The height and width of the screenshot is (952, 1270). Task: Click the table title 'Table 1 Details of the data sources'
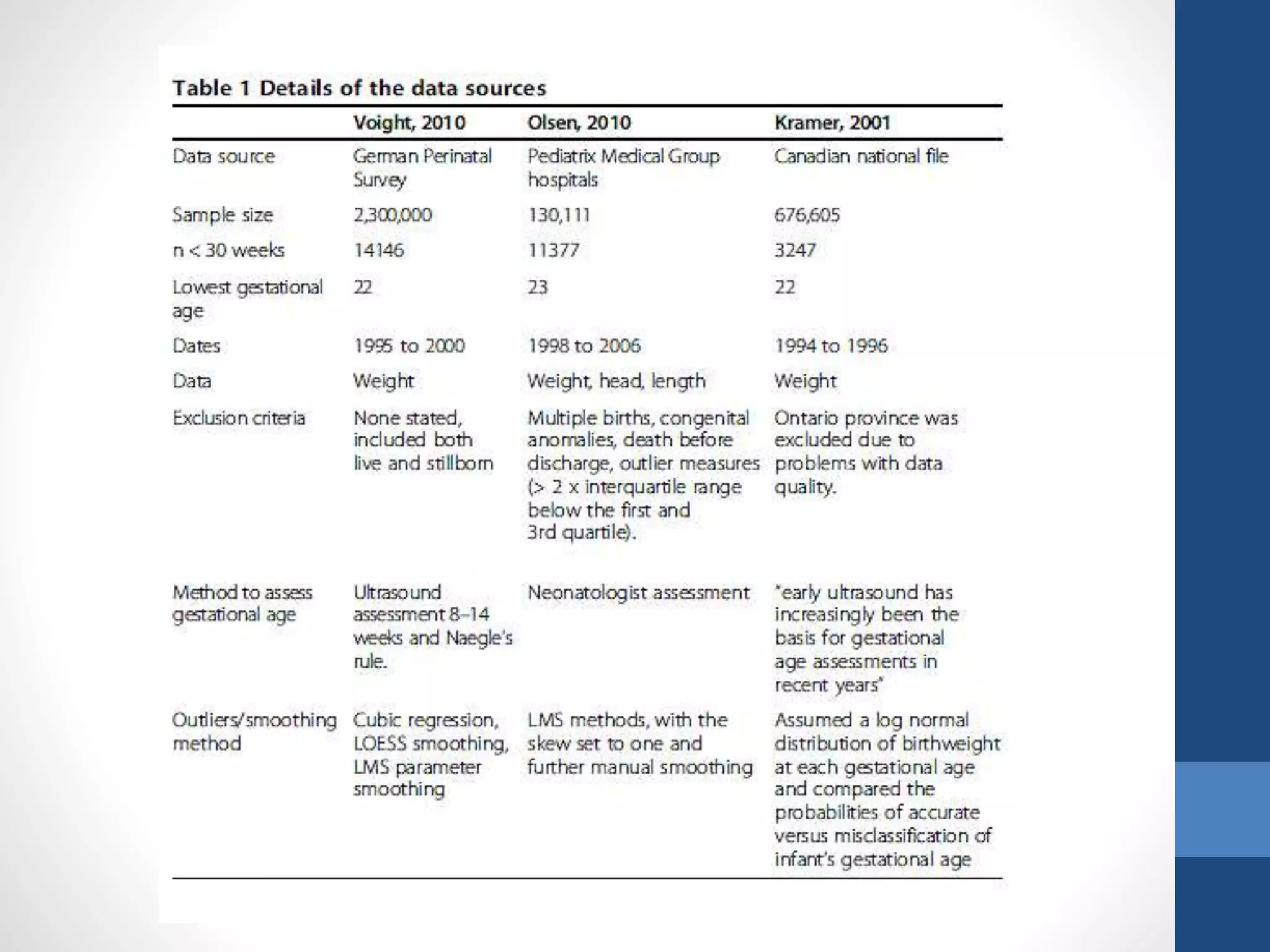pyautogui.click(x=359, y=88)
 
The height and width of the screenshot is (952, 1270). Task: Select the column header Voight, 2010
pyautogui.click(x=409, y=122)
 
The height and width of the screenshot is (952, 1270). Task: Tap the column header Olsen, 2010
pyautogui.click(x=579, y=122)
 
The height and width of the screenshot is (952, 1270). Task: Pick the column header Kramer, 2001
pyautogui.click(x=832, y=122)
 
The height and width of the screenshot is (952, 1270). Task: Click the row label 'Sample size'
pyautogui.click(x=223, y=215)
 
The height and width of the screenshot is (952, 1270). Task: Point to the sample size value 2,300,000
pyautogui.click(x=393, y=215)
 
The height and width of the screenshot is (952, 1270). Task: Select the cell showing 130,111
pyautogui.click(x=559, y=215)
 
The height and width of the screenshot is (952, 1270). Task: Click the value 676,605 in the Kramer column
pyautogui.click(x=807, y=215)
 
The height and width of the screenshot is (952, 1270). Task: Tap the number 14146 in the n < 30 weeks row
pyautogui.click(x=378, y=250)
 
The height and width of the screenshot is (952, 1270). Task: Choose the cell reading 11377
pyautogui.click(x=553, y=250)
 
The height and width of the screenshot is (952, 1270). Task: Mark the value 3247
pyautogui.click(x=795, y=250)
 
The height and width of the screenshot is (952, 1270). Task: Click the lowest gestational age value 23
pyautogui.click(x=538, y=288)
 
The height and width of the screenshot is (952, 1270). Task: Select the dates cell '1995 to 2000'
pyautogui.click(x=409, y=346)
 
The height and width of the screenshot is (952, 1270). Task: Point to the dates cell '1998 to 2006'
pyautogui.click(x=584, y=346)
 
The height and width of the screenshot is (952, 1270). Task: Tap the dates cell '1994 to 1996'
pyautogui.click(x=831, y=346)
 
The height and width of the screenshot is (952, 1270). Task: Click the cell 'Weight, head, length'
pyautogui.click(x=616, y=381)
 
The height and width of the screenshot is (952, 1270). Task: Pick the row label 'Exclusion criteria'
pyautogui.click(x=239, y=418)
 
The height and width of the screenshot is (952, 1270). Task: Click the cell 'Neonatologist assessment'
pyautogui.click(x=639, y=593)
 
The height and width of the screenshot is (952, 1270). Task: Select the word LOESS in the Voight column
pyautogui.click(x=380, y=744)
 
